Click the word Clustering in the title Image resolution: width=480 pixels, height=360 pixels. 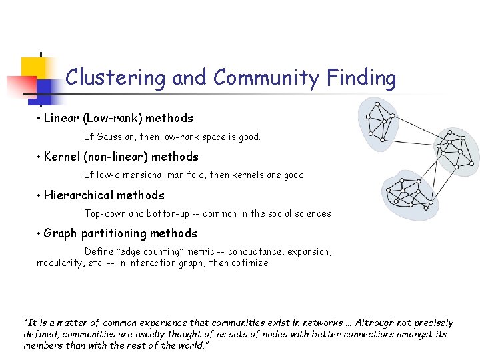115,78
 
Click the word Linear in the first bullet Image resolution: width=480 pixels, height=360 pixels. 61,119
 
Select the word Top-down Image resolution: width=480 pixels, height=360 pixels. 105,214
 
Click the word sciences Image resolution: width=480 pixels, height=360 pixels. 312,214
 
